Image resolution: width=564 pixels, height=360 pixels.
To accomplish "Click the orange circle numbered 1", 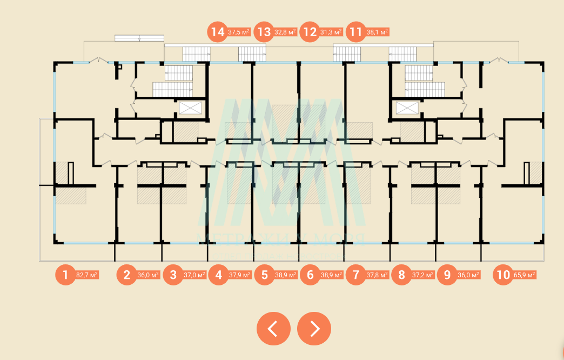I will (x=65, y=275).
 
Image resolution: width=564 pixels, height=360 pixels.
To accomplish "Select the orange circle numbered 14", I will (x=218, y=32).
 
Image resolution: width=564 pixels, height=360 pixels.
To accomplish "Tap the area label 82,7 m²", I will (x=87, y=275).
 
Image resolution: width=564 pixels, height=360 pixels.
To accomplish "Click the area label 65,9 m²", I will (x=524, y=275).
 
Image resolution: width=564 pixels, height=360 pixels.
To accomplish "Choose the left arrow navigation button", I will (x=273, y=329).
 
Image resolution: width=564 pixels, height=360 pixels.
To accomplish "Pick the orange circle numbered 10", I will (x=503, y=275).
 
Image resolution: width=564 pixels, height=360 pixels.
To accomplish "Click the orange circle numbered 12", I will (x=310, y=32).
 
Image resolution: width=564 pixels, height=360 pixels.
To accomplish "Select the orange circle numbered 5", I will (x=264, y=275).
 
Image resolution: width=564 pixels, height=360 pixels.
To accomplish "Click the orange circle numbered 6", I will (x=310, y=275).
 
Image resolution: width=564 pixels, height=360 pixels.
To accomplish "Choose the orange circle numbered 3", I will (x=173, y=275).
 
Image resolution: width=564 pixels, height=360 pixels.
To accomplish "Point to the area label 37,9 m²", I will (x=240, y=275).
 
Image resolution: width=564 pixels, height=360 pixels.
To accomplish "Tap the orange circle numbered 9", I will (x=447, y=275).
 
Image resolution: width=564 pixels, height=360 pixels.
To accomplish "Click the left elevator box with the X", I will (x=190, y=108).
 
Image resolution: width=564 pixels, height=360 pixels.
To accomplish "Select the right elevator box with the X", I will (x=407, y=108).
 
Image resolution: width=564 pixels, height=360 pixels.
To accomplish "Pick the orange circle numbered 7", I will (x=355, y=275).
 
